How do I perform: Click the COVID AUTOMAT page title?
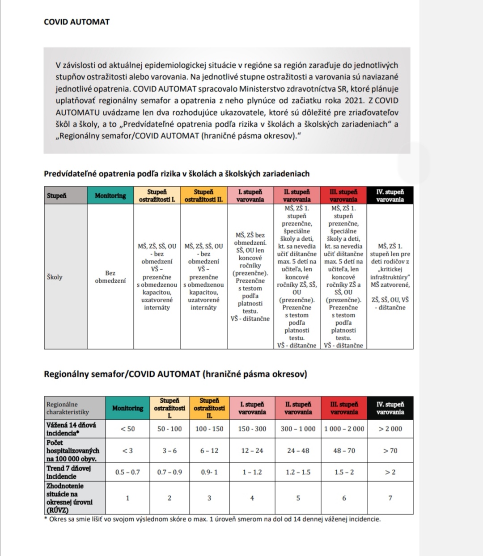tap(76, 22)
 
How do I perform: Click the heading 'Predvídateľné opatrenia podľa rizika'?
tap(177, 174)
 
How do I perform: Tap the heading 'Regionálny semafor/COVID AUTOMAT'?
tap(175, 374)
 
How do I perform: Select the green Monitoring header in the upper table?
tap(110, 196)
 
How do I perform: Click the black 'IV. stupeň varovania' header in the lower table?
tap(390, 408)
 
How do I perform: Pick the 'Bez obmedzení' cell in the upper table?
tap(110, 277)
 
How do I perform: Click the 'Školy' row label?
tap(55, 277)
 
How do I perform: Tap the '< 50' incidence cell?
tap(127, 429)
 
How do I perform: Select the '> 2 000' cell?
tap(390, 429)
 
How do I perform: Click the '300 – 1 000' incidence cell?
tap(298, 429)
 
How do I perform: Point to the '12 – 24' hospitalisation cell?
tap(252, 451)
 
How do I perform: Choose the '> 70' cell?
tap(390, 451)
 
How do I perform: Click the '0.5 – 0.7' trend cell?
tap(127, 472)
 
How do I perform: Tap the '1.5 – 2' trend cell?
tap(344, 472)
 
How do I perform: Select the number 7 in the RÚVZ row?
tap(390, 498)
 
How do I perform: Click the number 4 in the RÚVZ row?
tap(252, 498)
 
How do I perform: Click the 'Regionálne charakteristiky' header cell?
tap(68, 408)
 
